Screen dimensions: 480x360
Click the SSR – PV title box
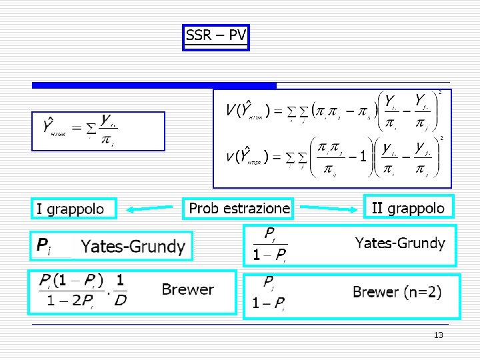[215, 37]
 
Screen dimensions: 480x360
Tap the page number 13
[438, 335]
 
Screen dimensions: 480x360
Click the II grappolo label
[408, 208]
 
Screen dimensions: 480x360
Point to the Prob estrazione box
[239, 208]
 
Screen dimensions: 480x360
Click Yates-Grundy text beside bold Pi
[133, 247]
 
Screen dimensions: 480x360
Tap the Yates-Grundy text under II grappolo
[400, 243]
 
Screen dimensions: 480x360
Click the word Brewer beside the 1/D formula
[187, 289]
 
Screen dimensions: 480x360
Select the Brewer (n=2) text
[397, 292]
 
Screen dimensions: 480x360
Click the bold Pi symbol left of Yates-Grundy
[43, 247]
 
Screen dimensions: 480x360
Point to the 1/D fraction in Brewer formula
[120, 291]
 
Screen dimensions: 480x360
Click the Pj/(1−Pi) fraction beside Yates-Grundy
[270, 245]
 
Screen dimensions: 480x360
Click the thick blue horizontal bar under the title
[154, 85]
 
